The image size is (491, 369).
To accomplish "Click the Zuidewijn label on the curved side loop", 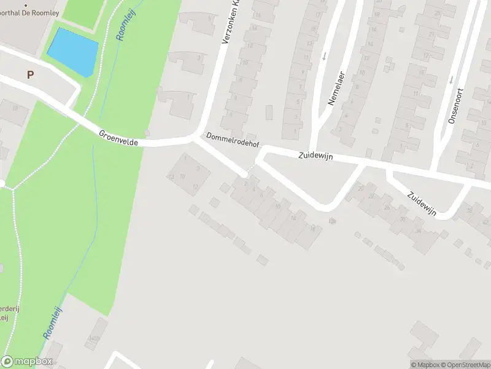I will click(x=422, y=204).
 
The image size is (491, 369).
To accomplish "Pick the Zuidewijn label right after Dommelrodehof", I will click(x=315, y=157).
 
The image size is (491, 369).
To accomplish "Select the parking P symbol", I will click(x=29, y=74).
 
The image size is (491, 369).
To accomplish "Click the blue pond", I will click(x=73, y=51).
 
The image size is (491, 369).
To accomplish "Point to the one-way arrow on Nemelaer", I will click(x=323, y=57).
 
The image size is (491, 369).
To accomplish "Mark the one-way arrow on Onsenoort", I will click(x=451, y=79).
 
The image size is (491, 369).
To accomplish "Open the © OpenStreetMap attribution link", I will click(x=466, y=364).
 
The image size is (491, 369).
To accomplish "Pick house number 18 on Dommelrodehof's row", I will click(x=312, y=229).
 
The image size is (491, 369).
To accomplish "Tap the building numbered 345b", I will click(x=93, y=338).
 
